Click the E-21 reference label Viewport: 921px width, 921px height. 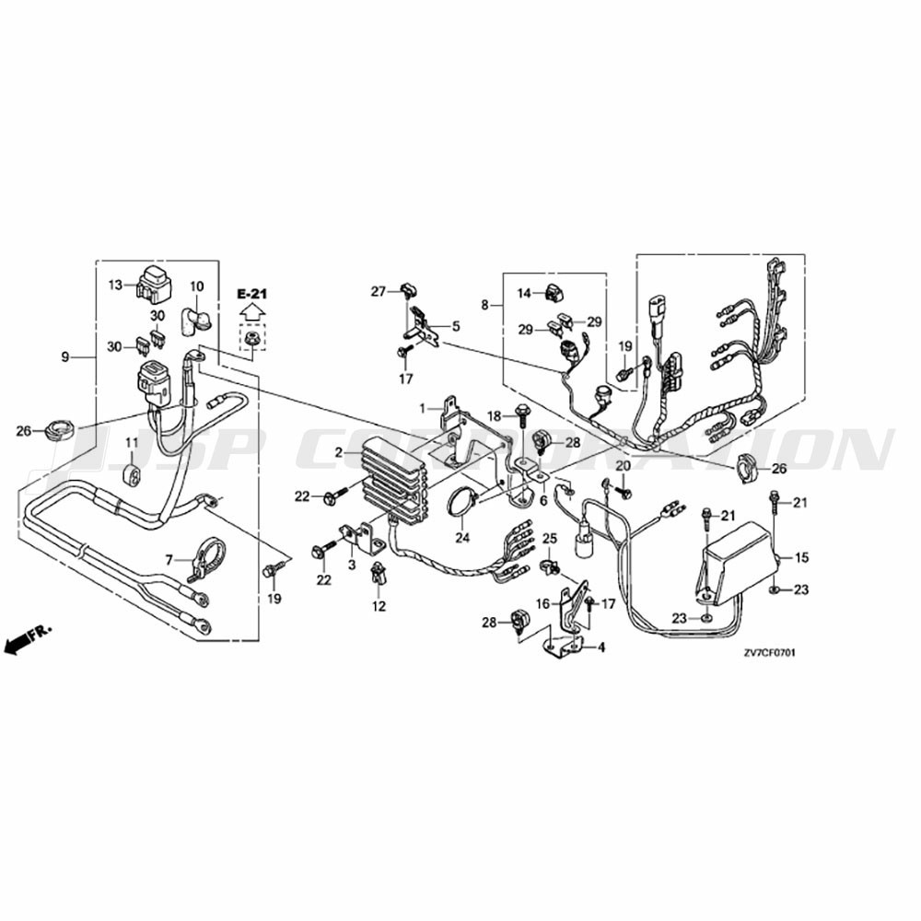coord(251,294)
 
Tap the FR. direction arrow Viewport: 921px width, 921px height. coord(27,638)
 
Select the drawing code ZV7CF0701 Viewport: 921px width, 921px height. coord(769,653)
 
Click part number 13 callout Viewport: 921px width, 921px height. coord(115,285)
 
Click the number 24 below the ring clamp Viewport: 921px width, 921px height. coord(462,537)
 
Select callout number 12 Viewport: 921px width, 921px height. coord(379,606)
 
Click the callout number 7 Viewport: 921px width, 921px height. coord(169,560)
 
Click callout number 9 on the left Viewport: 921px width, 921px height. coord(65,356)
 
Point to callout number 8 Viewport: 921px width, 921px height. coord(484,305)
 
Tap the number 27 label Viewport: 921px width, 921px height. coord(378,291)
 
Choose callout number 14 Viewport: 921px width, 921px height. coord(524,293)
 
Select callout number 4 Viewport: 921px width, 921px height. coord(600,647)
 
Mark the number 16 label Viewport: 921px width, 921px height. coord(542,603)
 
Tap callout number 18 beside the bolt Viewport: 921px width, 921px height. coord(495,416)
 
